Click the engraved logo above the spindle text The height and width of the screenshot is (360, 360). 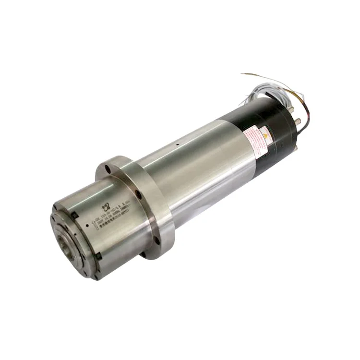106,207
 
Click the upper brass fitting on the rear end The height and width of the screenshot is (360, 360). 291,109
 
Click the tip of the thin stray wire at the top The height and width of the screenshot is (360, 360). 242,74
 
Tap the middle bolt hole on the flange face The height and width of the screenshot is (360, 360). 138,194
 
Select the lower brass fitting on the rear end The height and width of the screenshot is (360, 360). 297,121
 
